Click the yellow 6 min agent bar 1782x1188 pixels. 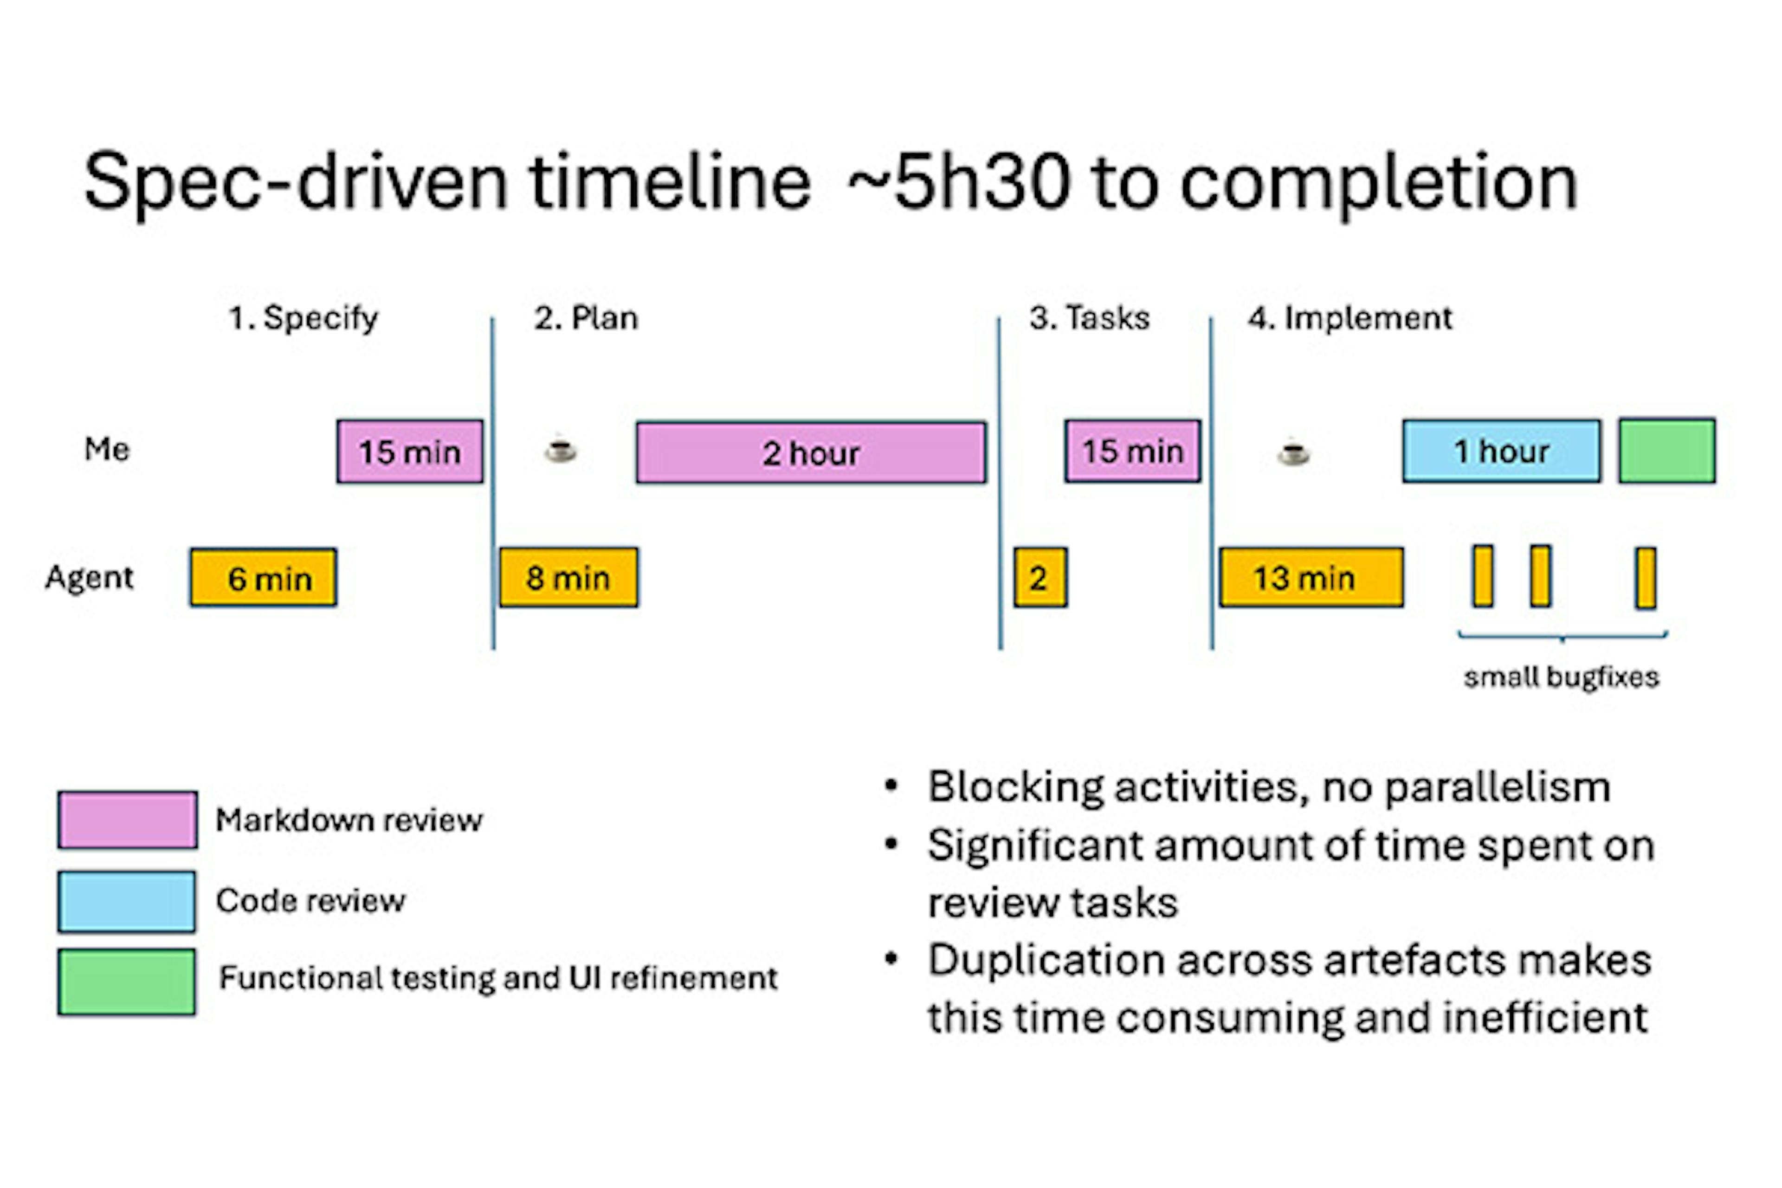click(263, 577)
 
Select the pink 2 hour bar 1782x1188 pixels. click(811, 452)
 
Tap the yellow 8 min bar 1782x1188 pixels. click(568, 577)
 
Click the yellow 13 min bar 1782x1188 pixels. click(1311, 577)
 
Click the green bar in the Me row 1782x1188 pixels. click(1667, 451)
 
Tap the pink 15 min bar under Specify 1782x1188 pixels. click(409, 452)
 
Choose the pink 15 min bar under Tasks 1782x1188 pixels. click(1132, 451)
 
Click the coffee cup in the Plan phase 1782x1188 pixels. click(561, 450)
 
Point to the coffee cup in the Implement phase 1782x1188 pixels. click(1293, 452)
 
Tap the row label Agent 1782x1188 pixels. click(90, 577)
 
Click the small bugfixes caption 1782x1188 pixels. click(1561, 677)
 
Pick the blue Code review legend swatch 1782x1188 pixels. click(127, 901)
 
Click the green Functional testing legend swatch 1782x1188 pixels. click(127, 981)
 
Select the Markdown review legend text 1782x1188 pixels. click(349, 820)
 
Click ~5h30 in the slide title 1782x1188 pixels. click(958, 182)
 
